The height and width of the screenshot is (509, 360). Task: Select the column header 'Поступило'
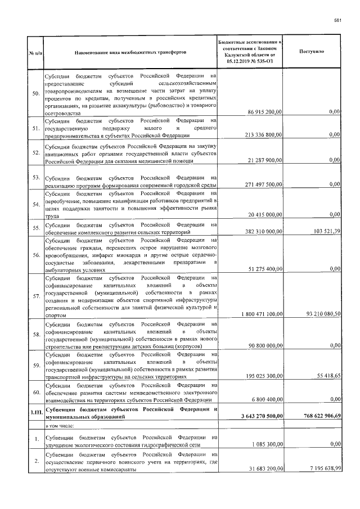coord(313,52)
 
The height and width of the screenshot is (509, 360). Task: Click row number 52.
coord(35,152)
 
